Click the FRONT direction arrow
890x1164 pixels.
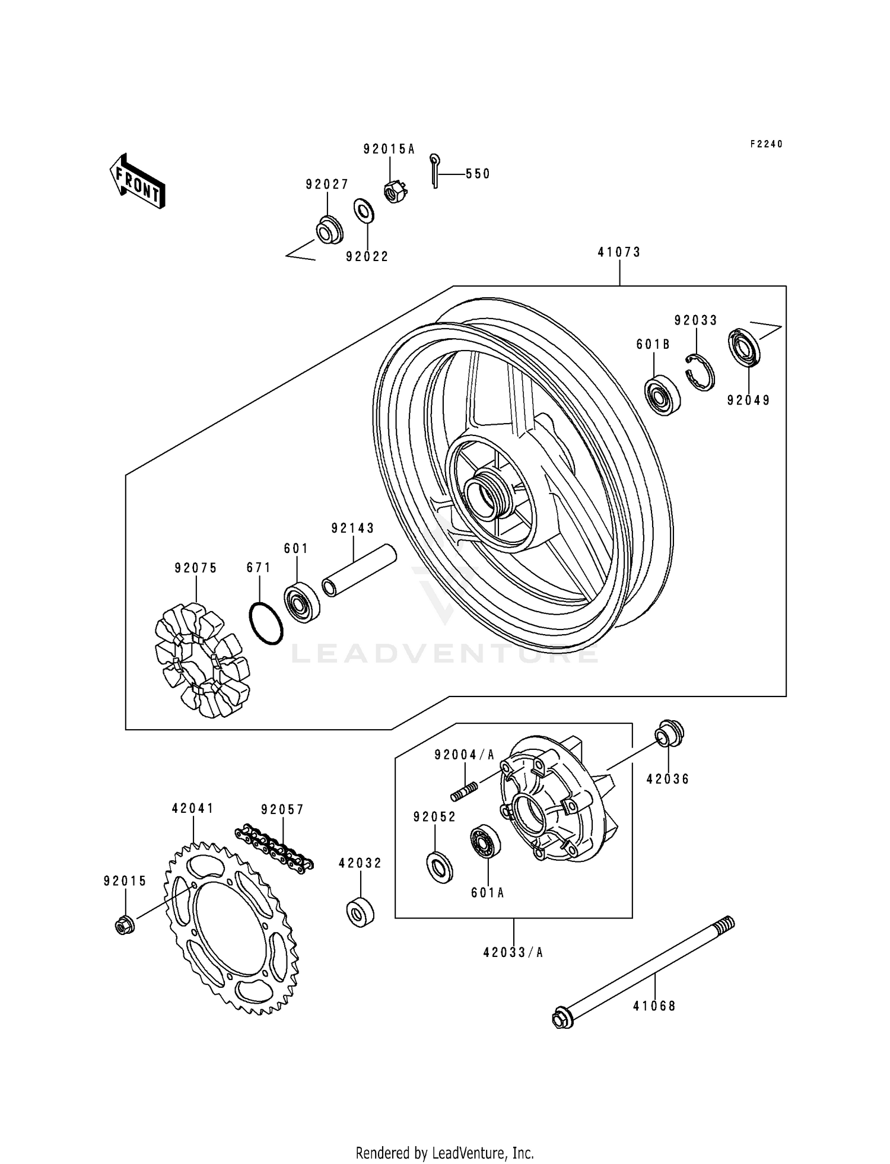[x=136, y=181]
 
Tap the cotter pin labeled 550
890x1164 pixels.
[x=435, y=171]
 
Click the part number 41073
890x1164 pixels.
[x=619, y=252]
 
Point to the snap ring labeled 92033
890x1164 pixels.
[x=701, y=373]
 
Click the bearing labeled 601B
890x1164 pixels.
[x=662, y=395]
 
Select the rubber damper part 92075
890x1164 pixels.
[x=202, y=659]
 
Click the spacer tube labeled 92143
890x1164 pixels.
[x=359, y=570]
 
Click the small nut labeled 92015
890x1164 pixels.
[x=123, y=925]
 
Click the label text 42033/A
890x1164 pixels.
[x=513, y=953]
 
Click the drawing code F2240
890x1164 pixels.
[x=766, y=144]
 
